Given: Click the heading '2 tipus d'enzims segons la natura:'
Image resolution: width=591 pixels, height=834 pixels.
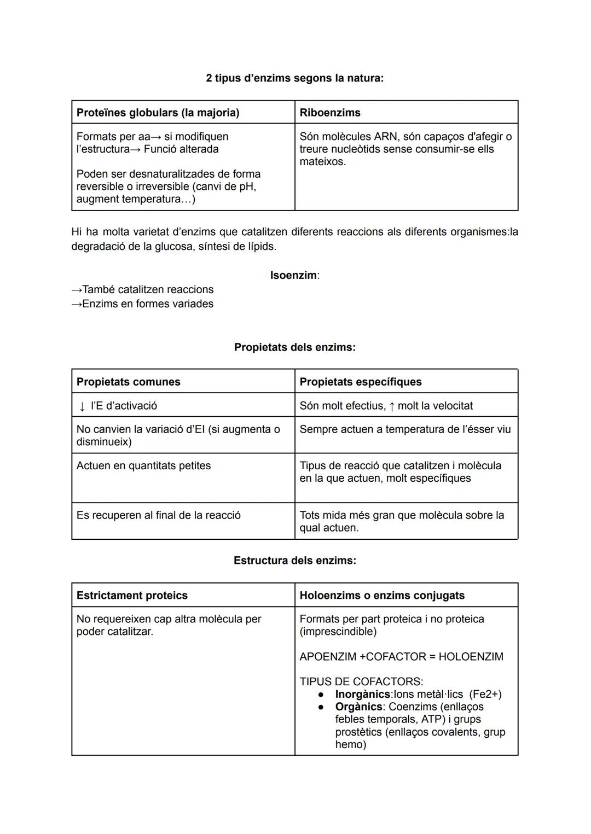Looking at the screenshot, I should coord(294,78).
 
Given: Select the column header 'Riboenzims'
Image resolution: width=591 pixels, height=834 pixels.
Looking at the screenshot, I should coord(330,113).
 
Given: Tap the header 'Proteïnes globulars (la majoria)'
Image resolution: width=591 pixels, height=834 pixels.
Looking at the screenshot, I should coord(158,113).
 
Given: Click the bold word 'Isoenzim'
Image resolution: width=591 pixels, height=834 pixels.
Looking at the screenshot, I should coord(293,275).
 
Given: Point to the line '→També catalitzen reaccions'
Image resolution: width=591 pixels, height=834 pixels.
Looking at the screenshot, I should coord(142,289).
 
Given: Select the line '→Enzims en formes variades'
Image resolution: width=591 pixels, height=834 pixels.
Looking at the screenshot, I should coord(142,304).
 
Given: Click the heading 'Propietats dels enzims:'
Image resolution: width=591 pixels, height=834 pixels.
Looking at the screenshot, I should coord(294,347).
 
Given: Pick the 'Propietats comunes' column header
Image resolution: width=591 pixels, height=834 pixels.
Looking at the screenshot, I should coord(128,382).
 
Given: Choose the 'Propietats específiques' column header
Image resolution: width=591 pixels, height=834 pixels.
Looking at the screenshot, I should coord(360,382).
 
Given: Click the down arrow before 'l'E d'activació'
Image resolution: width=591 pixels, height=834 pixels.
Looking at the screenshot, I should coord(82,406).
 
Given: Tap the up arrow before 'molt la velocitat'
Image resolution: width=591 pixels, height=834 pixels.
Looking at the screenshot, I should coord(392,406).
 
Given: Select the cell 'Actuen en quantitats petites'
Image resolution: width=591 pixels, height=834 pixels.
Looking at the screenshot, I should coord(143,466).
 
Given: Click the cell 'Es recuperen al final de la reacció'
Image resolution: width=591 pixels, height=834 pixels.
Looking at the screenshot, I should coord(158,515).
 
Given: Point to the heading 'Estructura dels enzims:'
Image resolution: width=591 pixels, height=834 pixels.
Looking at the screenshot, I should coord(294,561).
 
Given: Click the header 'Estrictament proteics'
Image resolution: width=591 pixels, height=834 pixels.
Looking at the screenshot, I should coord(132,596).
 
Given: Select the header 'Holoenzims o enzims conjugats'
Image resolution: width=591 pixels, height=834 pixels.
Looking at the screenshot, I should coord(382,596).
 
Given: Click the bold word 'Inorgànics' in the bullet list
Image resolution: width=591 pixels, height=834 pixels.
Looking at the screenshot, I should coord(362,695).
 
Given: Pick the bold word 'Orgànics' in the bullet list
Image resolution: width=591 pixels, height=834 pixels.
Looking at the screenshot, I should coord(358,707).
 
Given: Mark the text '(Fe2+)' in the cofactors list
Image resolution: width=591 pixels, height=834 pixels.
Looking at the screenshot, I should coord(485,695).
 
